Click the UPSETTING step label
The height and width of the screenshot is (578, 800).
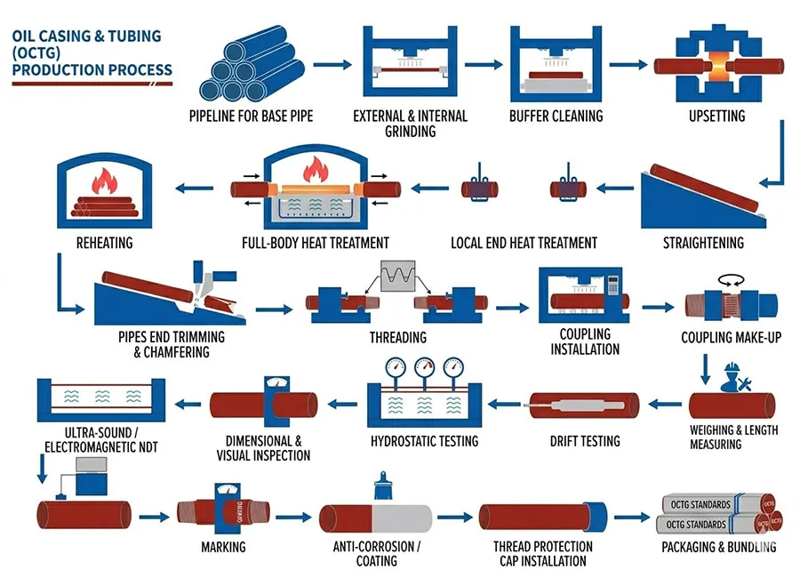[716, 116]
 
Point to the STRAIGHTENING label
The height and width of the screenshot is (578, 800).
[703, 243]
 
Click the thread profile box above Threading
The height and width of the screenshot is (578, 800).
[397, 279]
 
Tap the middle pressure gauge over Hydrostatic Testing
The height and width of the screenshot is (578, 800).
[425, 367]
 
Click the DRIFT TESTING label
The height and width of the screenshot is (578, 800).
[585, 440]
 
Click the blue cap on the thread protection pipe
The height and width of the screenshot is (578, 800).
[600, 516]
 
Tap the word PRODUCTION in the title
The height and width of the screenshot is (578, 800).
[61, 69]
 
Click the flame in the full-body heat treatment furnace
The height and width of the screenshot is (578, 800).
[316, 168]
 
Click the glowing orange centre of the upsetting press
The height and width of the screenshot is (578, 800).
[717, 67]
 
